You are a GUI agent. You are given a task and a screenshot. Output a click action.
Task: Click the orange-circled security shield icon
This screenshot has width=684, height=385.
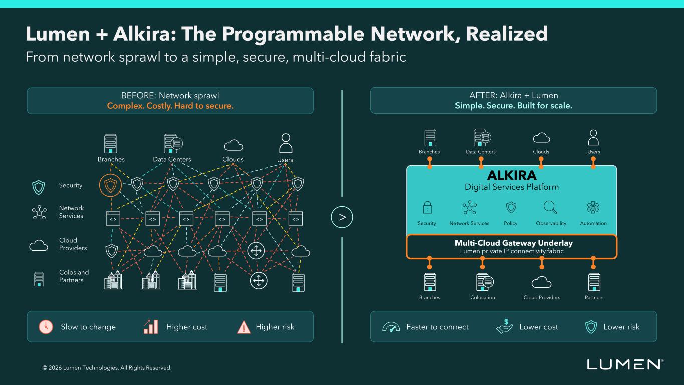[x=110, y=185]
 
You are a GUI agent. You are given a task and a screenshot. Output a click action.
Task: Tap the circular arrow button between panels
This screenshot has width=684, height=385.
[x=342, y=217]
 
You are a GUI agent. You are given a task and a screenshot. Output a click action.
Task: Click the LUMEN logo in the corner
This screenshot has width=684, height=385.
[x=625, y=364]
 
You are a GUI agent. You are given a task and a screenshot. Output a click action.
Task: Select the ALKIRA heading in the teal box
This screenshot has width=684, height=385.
[x=512, y=175]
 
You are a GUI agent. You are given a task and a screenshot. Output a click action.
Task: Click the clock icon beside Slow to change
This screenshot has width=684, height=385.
[x=46, y=327]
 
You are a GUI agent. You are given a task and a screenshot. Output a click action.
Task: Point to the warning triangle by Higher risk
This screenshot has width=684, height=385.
[x=244, y=327]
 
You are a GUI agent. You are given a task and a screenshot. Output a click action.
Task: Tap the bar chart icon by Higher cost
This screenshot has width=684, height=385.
[x=151, y=327]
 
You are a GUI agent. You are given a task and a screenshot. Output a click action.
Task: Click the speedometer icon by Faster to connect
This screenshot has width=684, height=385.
[x=391, y=327]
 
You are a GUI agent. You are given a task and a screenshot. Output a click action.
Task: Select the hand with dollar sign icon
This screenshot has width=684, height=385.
[x=505, y=326]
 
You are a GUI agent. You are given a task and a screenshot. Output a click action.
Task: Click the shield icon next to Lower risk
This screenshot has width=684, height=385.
[x=591, y=327]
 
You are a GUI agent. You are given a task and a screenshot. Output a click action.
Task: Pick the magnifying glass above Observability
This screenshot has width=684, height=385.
[x=550, y=207]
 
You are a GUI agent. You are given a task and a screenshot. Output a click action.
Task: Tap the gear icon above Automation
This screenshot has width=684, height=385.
[x=593, y=207]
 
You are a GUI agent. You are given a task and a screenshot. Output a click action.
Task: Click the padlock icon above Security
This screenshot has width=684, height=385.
[x=427, y=207]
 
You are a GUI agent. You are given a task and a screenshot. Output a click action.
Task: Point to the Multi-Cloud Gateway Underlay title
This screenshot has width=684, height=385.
[x=514, y=243]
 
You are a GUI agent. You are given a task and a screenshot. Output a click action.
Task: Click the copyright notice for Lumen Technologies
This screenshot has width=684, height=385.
[x=107, y=368]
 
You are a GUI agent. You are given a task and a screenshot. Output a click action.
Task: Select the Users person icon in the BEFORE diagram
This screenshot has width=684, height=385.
[x=286, y=143]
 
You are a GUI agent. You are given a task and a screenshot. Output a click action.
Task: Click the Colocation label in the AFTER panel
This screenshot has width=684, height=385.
[x=483, y=297]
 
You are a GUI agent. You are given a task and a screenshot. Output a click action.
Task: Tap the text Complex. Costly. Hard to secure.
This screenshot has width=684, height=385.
[x=170, y=106]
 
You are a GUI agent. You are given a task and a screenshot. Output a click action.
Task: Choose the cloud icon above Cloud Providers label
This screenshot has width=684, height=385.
[x=541, y=282]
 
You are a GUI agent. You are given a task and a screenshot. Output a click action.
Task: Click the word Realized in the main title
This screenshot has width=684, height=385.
[x=507, y=34]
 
